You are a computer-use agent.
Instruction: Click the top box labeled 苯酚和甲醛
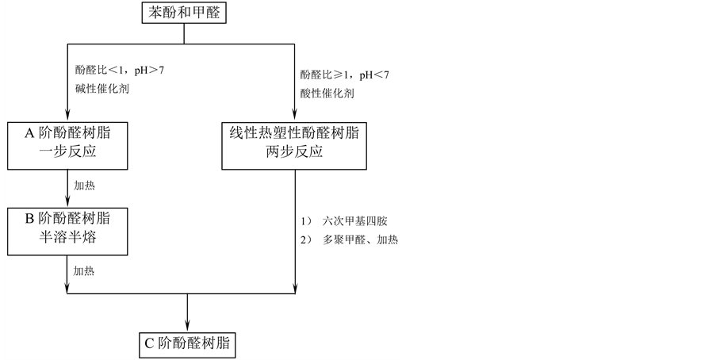click(184, 13)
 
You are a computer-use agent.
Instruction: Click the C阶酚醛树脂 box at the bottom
click(187, 343)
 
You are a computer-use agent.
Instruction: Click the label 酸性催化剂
click(327, 93)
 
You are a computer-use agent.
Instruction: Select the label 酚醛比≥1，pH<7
click(344, 75)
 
